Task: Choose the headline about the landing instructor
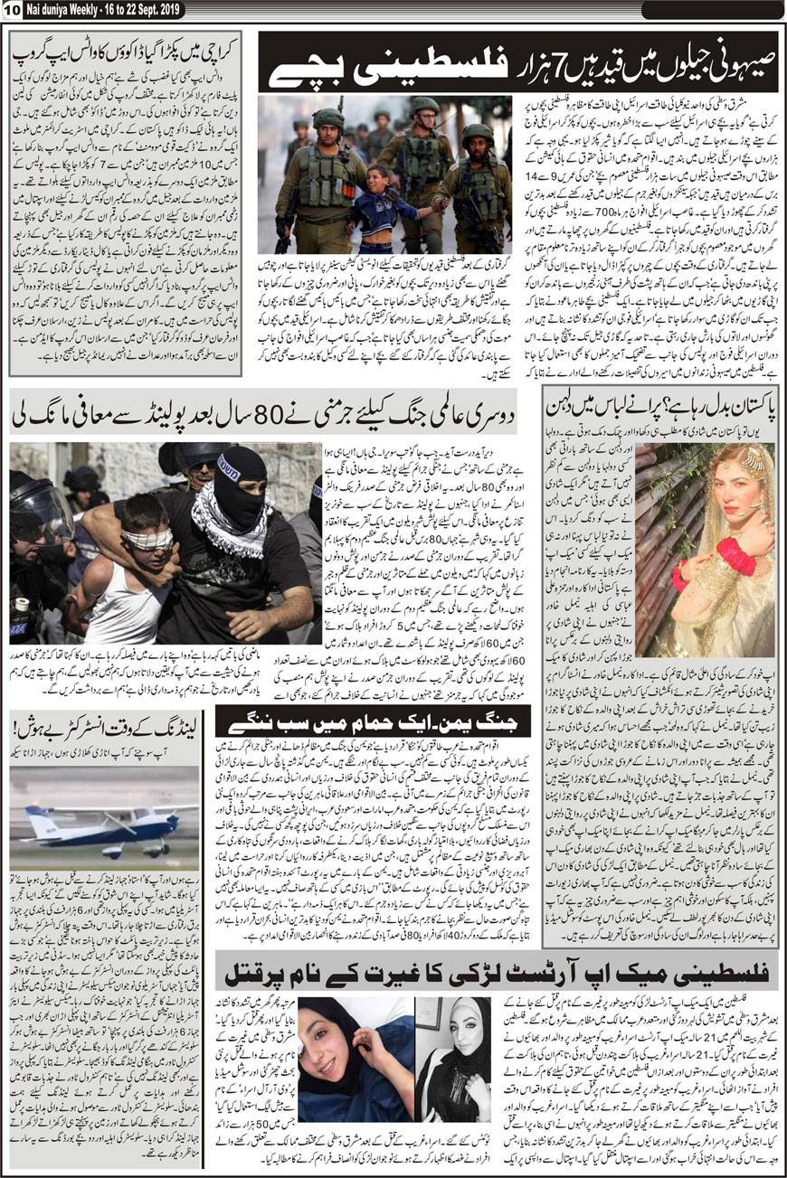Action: click(105, 726)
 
